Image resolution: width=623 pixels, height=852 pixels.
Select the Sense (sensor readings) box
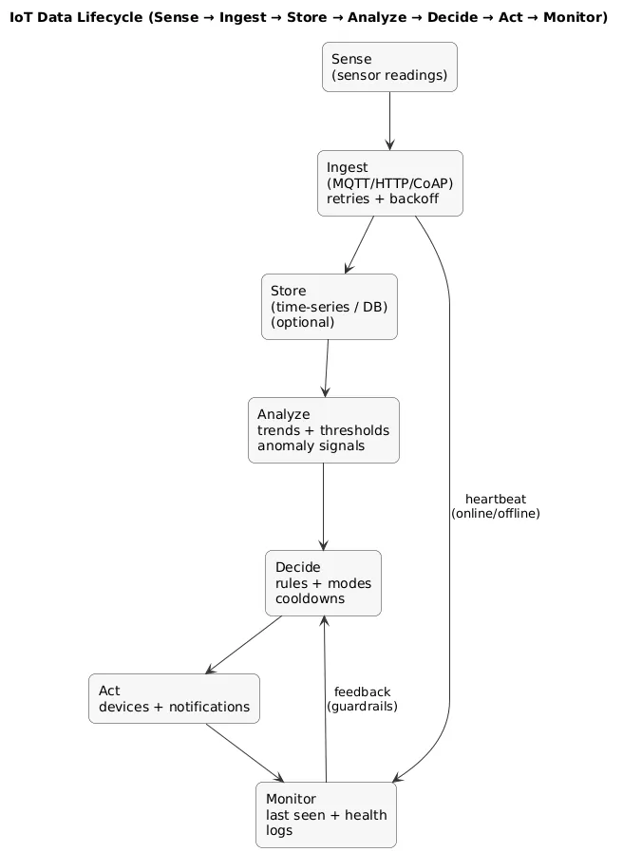pos(389,67)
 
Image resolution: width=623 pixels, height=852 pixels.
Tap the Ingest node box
pos(389,183)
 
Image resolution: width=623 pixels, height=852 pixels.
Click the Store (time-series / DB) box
pos(329,307)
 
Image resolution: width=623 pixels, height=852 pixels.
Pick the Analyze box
pos(323,430)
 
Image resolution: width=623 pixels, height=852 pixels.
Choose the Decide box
pos(323,583)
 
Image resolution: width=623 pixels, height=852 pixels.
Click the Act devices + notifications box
pos(174,698)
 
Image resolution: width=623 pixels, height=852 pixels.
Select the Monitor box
pos(326,814)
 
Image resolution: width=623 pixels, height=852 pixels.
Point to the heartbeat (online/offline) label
pos(495,506)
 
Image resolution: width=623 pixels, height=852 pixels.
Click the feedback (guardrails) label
pos(362,699)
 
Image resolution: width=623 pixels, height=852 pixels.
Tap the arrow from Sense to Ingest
pos(389,121)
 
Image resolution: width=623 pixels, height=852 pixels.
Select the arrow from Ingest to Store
pos(360,245)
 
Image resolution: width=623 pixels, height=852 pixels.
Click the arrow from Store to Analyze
pos(327,369)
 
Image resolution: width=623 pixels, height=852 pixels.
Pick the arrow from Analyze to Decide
pos(324,506)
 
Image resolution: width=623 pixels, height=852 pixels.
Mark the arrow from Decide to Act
pos(244,645)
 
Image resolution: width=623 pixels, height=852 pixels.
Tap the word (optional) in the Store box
pos(302,322)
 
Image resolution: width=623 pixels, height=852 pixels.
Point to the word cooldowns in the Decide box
pos(310,599)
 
